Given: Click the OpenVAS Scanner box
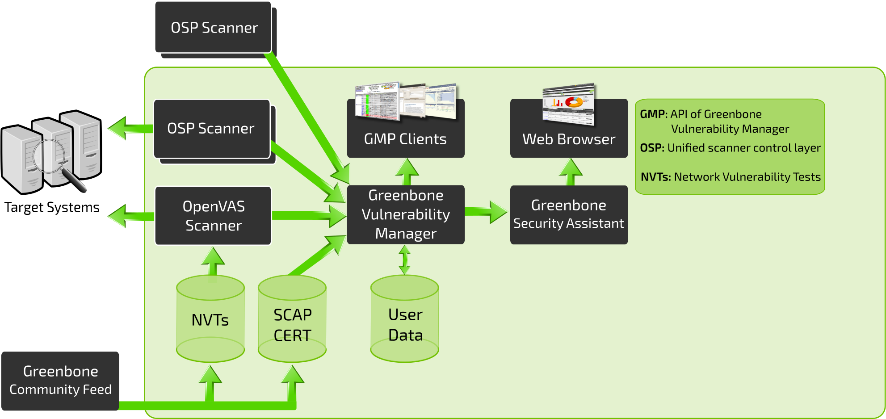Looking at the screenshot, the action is click(213, 216).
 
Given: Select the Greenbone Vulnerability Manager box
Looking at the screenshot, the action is click(406, 215).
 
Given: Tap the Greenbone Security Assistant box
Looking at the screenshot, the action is click(569, 215).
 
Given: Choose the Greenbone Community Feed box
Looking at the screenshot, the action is click(60, 381).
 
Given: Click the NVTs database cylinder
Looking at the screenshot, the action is click(210, 319).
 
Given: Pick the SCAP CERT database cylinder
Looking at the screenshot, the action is click(292, 319).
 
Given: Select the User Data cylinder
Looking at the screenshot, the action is click(405, 319).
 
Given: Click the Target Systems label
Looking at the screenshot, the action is click(52, 207).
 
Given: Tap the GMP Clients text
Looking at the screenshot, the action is click(405, 139).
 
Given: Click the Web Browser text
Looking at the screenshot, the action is click(569, 139).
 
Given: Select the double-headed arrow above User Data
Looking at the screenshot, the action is click(405, 260).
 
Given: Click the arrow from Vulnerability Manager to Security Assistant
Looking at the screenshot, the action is click(486, 211).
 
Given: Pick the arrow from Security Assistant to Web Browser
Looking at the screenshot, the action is click(571, 172).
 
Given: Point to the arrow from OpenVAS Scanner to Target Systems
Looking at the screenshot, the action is click(131, 217).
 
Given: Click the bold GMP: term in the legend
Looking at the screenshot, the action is click(654, 114).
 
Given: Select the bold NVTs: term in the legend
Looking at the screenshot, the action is click(656, 177).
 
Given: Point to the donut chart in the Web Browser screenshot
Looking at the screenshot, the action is click(574, 102).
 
